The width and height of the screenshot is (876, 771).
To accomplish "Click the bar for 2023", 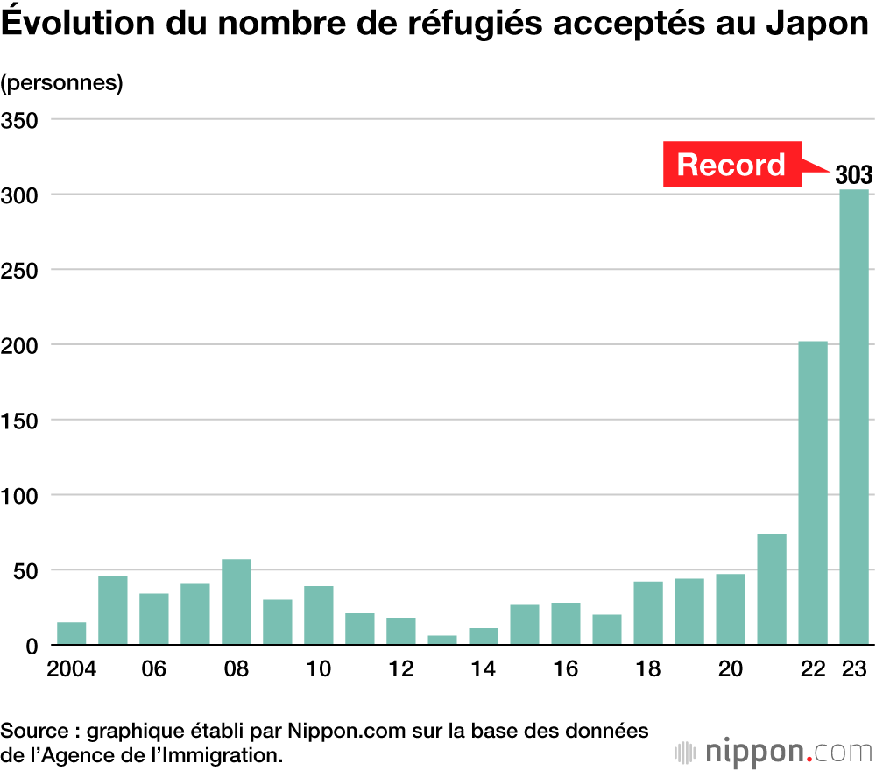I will coord(854,417).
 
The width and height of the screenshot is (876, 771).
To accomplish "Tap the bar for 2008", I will coord(237,602).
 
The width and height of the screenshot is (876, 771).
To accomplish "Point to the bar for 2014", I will coord(484,637).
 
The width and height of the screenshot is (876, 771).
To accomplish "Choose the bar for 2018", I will coord(648,613).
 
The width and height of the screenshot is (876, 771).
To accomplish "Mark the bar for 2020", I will coord(731,610).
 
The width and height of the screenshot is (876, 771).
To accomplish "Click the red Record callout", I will coord(731,165).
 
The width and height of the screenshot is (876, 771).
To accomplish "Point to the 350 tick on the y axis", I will coord(19,119).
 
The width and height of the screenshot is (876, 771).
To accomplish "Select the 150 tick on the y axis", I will coord(19,420).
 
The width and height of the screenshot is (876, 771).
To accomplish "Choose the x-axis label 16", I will coord(566,669).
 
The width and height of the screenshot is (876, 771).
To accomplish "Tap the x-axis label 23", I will coord(854,669).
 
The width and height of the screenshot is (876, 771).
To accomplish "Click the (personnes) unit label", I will coord(62,83).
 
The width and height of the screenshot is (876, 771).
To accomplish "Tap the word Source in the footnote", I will coord(32,731).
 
